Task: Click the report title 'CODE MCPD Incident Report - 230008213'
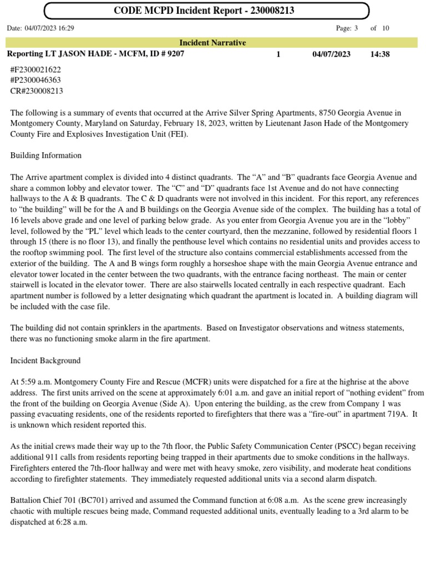(204, 11)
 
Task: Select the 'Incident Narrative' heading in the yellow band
(212, 43)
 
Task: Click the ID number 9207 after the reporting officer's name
(174, 54)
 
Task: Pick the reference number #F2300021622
(35, 70)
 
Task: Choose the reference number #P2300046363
(35, 80)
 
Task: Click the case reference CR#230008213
(37, 91)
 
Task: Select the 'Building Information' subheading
(46, 156)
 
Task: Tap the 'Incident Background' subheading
(45, 361)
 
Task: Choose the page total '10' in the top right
(385, 28)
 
